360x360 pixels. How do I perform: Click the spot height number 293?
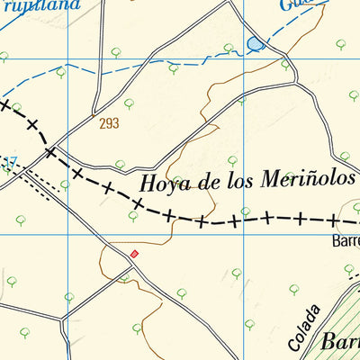click(110, 123)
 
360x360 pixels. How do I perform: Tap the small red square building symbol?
click(135, 253)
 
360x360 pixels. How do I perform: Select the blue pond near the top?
click(256, 43)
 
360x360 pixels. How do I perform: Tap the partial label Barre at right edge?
click(346, 242)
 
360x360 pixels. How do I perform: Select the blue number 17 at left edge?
click(9, 164)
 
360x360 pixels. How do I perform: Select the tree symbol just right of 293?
click(129, 103)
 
